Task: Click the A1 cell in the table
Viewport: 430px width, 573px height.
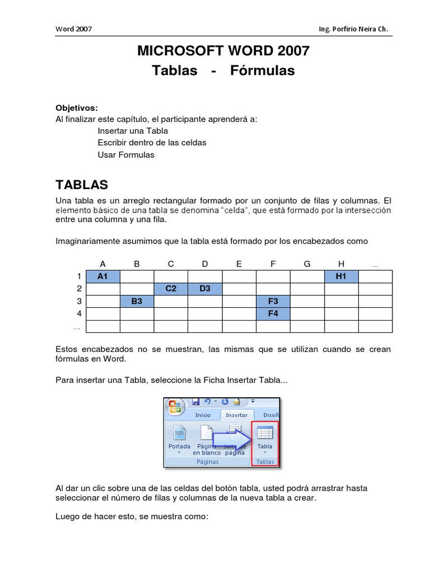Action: (102, 276)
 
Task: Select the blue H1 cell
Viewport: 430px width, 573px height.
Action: (341, 276)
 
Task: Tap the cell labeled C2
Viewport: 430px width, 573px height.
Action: (171, 289)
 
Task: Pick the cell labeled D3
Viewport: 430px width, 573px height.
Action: (205, 289)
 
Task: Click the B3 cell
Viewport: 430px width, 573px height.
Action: (137, 301)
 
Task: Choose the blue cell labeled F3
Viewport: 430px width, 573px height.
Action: (273, 301)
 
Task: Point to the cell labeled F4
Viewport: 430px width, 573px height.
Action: (273, 313)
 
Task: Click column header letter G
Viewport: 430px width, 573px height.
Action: (307, 264)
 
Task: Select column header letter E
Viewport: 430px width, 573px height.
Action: (239, 264)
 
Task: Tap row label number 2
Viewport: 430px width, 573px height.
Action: (80, 289)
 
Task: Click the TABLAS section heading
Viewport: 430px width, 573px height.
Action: (82, 185)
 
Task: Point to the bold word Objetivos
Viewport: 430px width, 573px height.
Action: (77, 107)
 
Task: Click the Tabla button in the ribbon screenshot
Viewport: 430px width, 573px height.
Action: (265, 439)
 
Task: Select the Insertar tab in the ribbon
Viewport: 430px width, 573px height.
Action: (236, 415)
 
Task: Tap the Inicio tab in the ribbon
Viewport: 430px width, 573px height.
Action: (203, 415)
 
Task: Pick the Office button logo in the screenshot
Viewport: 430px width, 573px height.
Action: (175, 407)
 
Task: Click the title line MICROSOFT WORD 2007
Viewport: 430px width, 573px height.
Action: (223, 51)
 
